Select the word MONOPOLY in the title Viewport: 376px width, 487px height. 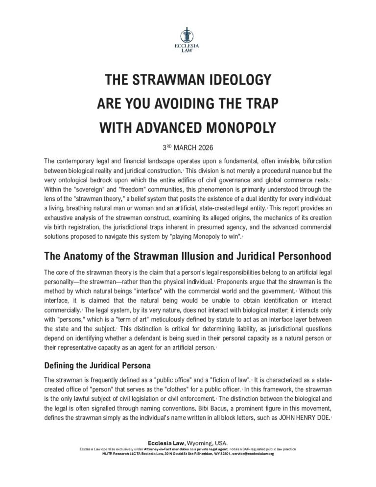tap(234, 128)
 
